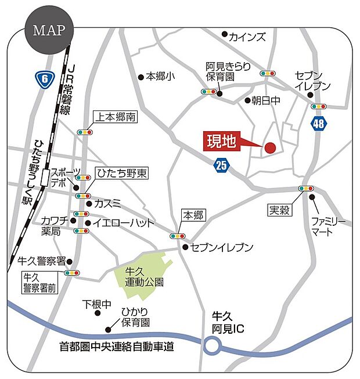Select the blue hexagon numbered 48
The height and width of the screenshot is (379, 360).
point(319,123)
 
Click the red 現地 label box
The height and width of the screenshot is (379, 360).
point(222,141)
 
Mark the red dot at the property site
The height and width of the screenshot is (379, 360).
point(270,148)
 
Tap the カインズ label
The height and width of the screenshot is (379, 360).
point(247,37)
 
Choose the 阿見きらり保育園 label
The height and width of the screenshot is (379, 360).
point(228,71)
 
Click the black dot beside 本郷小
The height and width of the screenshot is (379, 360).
point(141,76)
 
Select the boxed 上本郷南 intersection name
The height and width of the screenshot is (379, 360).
point(115,117)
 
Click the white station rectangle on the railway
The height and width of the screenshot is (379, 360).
point(45,177)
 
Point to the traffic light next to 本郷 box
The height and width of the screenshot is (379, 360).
point(177,236)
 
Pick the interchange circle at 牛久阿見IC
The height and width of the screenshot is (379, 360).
point(212,347)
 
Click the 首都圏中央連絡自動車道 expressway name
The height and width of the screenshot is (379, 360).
point(117,346)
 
